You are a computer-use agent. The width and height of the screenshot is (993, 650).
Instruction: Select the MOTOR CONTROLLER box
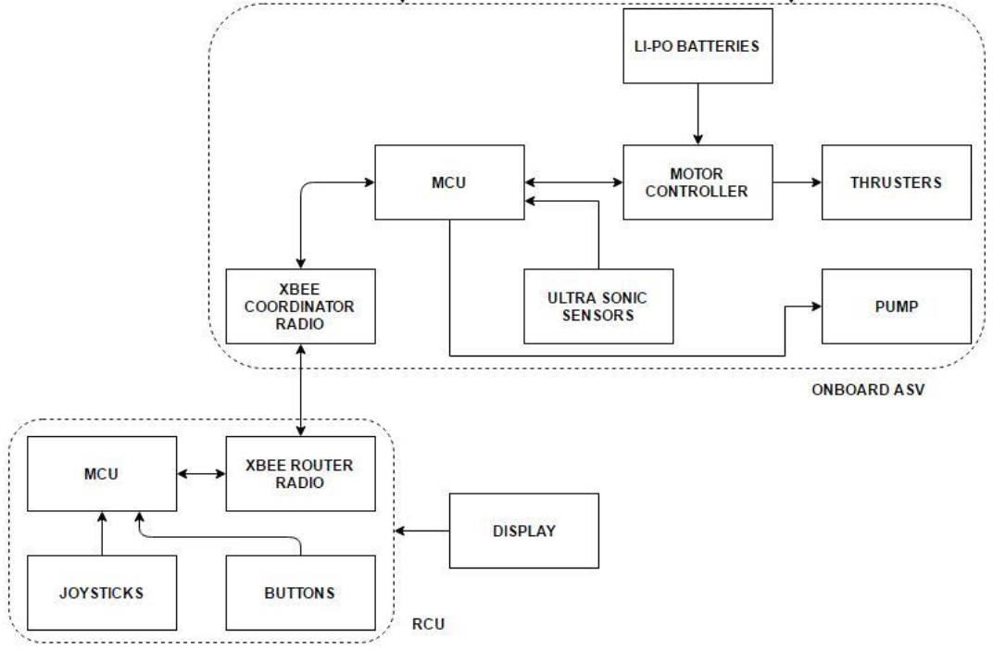click(698, 181)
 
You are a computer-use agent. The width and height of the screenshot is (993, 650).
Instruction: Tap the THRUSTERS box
click(896, 181)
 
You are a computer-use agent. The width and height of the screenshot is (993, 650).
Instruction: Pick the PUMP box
click(896, 306)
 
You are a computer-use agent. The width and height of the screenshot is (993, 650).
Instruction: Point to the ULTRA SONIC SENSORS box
click(598, 306)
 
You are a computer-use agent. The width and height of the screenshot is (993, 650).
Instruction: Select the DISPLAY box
click(523, 531)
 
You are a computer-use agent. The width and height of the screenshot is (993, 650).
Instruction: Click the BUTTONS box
click(300, 593)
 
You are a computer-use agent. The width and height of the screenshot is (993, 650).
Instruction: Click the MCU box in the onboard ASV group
click(448, 181)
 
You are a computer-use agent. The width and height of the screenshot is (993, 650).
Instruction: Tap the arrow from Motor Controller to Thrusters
click(797, 181)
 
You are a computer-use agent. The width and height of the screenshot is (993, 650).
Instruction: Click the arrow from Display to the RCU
click(422, 531)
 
